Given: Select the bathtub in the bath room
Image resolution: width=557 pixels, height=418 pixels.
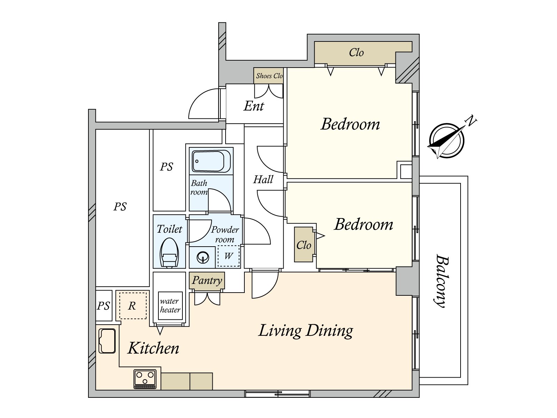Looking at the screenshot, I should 211,161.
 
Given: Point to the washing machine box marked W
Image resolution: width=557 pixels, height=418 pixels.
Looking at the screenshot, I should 228,256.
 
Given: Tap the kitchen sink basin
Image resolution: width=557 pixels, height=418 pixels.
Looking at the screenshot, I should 107,341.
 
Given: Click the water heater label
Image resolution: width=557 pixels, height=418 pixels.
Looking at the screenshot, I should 170,305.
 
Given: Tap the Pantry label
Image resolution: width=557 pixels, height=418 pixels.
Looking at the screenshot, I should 207,280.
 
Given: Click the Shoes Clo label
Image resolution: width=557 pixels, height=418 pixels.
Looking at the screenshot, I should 269,76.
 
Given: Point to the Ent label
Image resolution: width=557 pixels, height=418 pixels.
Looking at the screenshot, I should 254,106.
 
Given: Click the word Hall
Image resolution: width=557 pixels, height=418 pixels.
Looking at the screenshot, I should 263,180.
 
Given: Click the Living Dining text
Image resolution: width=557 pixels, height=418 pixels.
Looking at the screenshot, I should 305,331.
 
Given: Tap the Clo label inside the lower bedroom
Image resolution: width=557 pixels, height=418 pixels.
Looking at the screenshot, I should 304,245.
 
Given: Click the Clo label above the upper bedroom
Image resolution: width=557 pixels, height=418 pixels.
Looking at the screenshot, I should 356,53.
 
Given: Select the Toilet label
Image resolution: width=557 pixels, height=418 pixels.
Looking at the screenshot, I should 169,229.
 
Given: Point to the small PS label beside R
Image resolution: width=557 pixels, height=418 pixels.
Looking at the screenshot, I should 103,306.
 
